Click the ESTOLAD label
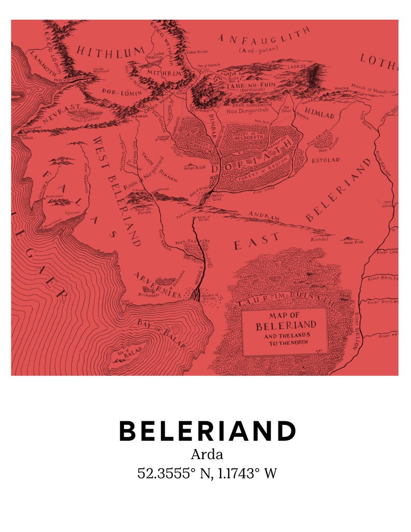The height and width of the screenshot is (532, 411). (325, 160)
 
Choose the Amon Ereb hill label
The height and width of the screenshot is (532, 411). (353, 242)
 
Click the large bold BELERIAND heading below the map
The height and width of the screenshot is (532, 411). (207, 431)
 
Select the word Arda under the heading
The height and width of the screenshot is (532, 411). (207, 455)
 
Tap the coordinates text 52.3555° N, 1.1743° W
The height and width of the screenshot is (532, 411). (207, 473)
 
